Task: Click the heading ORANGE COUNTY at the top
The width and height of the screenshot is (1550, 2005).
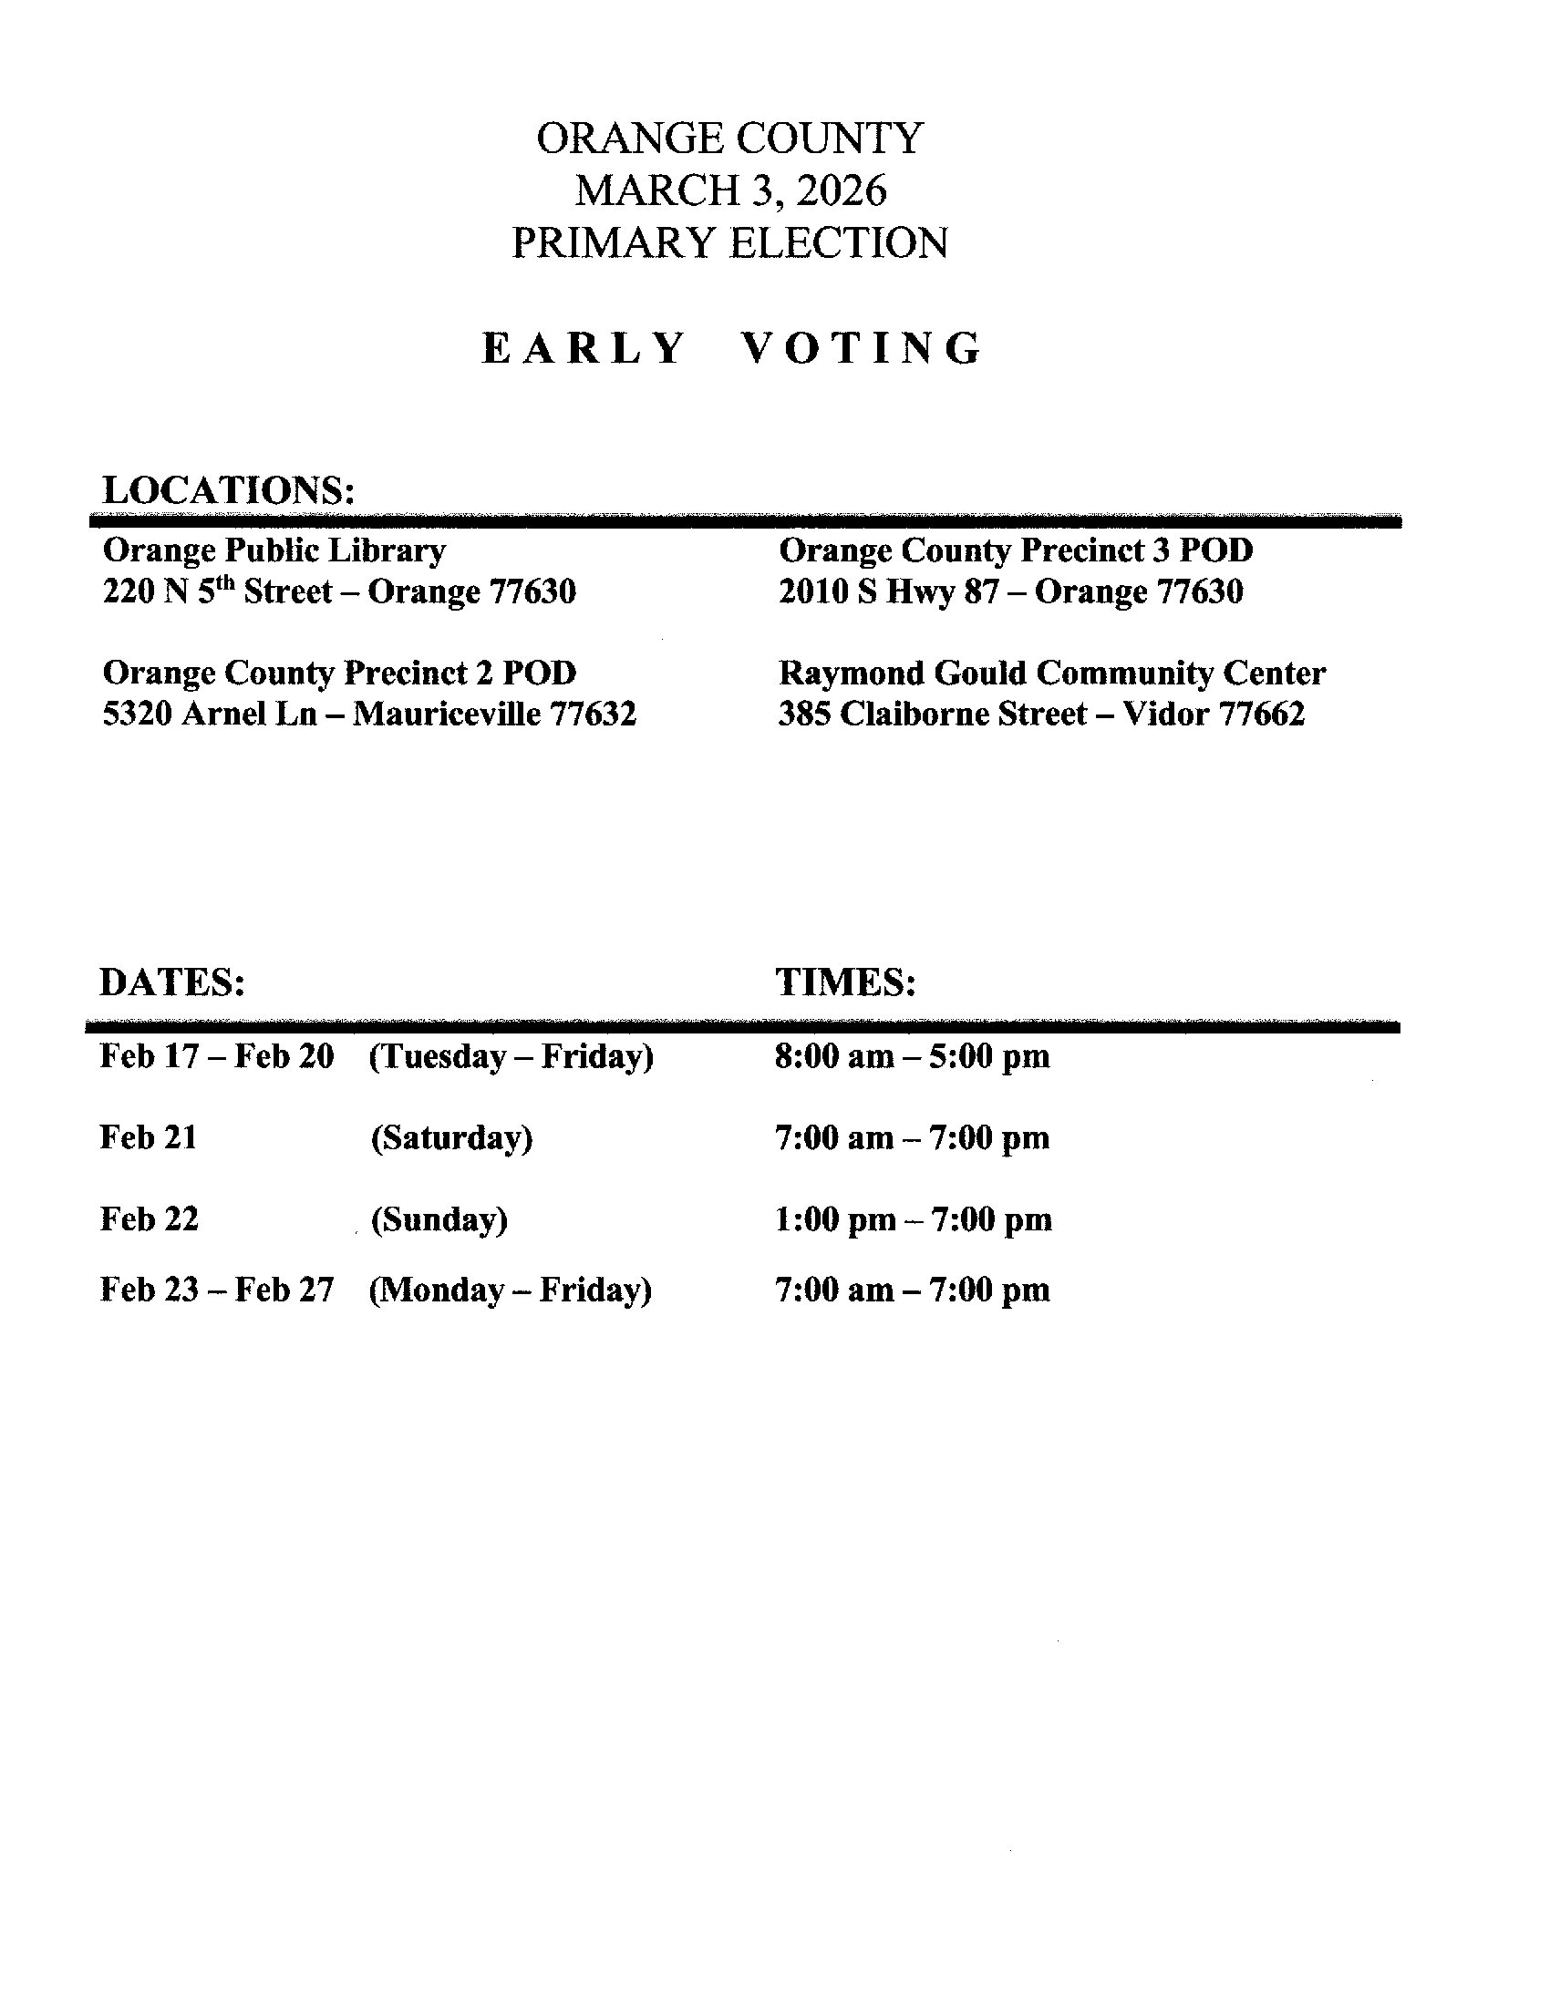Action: pyautogui.click(x=729, y=139)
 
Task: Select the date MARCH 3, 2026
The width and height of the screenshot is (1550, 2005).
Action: pyautogui.click(x=731, y=191)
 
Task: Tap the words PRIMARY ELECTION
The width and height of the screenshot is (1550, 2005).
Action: pyautogui.click(x=729, y=243)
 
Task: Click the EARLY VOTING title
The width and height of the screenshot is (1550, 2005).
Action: pyautogui.click(x=732, y=349)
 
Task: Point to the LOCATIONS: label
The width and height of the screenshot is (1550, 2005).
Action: pyautogui.click(x=229, y=489)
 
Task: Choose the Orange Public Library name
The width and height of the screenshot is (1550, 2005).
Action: pyautogui.click(x=274, y=550)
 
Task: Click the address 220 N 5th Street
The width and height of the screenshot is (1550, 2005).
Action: pyautogui.click(x=218, y=591)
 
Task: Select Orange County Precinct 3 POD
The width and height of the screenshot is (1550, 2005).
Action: pyautogui.click(x=1016, y=550)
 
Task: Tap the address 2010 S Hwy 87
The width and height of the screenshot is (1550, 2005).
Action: pyautogui.click(x=888, y=591)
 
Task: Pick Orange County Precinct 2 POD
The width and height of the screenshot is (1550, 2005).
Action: pyautogui.click(x=339, y=673)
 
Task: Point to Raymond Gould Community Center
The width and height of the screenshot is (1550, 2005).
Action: pyautogui.click(x=1051, y=673)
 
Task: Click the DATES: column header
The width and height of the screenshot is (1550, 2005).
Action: pyautogui.click(x=171, y=982)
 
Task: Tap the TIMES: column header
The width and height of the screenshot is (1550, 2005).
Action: pyautogui.click(x=846, y=982)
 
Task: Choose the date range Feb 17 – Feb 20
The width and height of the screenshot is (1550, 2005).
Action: pyautogui.click(x=217, y=1056)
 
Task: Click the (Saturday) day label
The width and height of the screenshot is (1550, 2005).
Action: pyautogui.click(x=451, y=1138)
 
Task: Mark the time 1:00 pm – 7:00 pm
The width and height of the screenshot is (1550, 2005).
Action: pyautogui.click(x=914, y=1220)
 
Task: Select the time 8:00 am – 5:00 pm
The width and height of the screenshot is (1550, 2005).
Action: pyautogui.click(x=912, y=1056)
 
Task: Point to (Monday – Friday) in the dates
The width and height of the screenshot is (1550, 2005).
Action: pyautogui.click(x=511, y=1290)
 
